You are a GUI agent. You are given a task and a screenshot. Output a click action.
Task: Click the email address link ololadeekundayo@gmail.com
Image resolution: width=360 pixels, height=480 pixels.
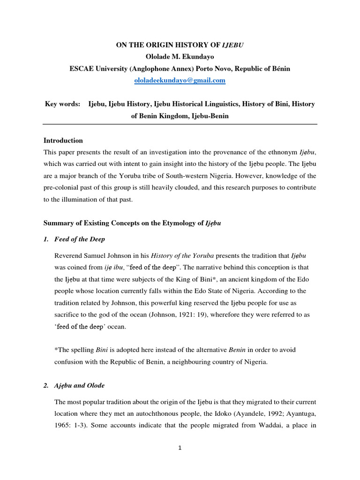(180, 81)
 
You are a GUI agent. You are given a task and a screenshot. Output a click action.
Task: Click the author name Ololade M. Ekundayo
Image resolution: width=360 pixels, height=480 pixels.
(180, 57)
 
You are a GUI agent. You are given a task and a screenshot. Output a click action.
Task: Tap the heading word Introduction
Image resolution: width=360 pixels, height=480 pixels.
(63, 140)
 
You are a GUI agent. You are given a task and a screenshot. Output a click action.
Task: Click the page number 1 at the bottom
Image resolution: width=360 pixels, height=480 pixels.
(180, 448)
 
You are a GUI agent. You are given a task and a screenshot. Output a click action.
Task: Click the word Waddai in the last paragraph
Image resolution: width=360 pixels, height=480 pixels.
(267, 427)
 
